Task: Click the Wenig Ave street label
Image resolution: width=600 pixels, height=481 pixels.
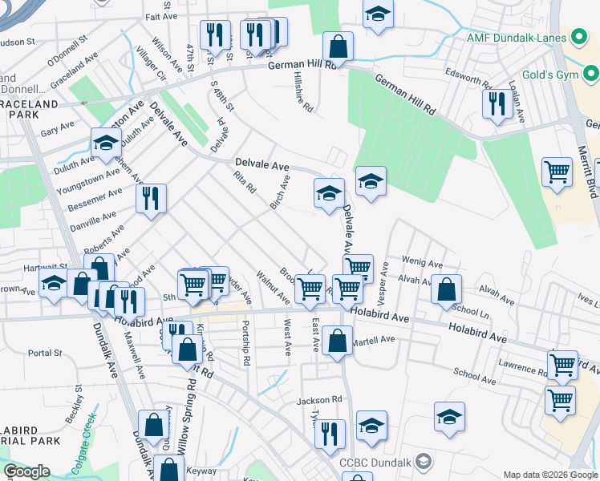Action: coord(423,263)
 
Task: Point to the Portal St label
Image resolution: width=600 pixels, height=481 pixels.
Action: coord(45,353)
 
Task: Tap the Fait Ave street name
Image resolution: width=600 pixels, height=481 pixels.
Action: coord(162,17)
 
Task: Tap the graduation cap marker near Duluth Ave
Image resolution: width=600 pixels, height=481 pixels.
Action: coord(105,143)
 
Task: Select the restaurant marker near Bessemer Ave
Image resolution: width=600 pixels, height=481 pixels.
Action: coord(151,198)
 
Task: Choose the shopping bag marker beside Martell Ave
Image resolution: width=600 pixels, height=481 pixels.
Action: coord(339,340)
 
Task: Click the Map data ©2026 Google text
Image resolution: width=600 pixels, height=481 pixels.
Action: coord(550,475)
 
